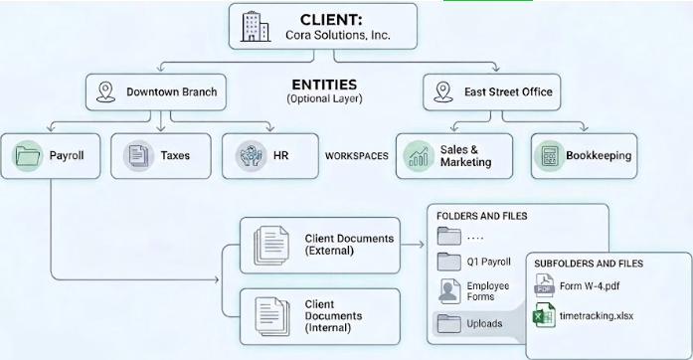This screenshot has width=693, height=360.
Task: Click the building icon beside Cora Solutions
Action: (256, 27)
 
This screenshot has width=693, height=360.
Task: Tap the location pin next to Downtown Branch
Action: (105, 92)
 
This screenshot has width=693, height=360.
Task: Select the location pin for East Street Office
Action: (443, 92)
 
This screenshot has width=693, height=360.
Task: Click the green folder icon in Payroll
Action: (28, 156)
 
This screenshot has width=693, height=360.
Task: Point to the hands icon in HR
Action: (251, 156)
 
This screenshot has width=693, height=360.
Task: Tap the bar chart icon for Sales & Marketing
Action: (419, 156)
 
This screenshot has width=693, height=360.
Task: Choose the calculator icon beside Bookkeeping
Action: (550, 156)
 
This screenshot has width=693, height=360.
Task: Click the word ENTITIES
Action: (324, 85)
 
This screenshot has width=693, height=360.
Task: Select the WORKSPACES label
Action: (357, 156)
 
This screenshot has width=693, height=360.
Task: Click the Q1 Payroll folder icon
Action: (449, 262)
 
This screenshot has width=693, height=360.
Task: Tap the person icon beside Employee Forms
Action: (449, 291)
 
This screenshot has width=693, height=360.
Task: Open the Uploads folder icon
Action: (449, 323)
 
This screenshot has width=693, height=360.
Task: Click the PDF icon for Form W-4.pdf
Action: (545, 285)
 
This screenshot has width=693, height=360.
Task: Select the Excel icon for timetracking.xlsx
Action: (545, 315)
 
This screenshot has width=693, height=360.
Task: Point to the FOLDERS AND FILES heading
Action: (482, 216)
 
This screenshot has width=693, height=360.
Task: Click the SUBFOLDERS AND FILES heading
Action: (589, 264)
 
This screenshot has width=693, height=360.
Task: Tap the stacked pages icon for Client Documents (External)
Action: (270, 245)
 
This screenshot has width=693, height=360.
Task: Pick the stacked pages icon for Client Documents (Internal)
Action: (271, 316)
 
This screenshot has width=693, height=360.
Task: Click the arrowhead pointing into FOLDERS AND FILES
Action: (421, 244)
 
